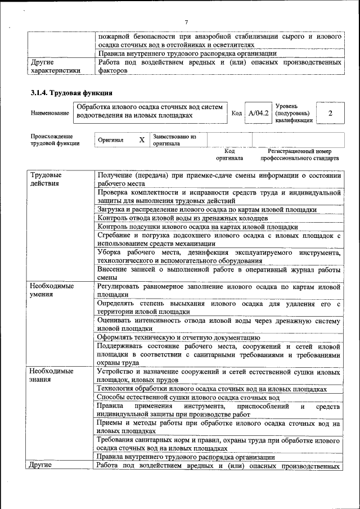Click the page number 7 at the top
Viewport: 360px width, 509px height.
tap(186, 22)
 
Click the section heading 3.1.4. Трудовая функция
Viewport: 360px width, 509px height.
tap(71, 93)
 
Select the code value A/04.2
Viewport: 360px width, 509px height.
tap(259, 114)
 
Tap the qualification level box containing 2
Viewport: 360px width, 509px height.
tap(330, 114)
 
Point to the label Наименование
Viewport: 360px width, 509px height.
tap(49, 114)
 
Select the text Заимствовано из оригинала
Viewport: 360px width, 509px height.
tap(174, 139)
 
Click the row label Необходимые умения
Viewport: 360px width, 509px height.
tap(52, 290)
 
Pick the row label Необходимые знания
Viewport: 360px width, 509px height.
tap(52, 375)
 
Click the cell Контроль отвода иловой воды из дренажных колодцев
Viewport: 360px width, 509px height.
tap(182, 218)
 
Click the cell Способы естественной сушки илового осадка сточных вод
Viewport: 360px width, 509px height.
tap(188, 397)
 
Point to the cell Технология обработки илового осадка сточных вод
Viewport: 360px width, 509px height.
tap(211, 389)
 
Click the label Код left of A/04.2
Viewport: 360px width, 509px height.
tap(237, 114)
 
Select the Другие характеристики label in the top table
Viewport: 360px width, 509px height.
tap(55, 67)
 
